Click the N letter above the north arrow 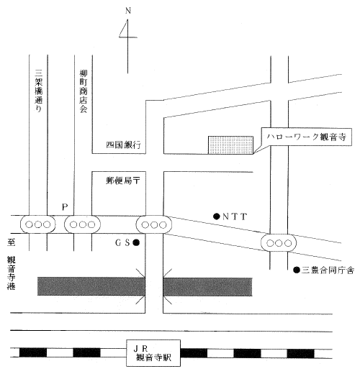click(x=128, y=11)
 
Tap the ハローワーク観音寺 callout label click(x=306, y=137)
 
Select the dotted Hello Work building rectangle click(x=230, y=145)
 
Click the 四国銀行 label click(x=123, y=145)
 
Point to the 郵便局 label click(x=120, y=181)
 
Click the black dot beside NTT click(x=217, y=216)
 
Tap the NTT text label click(x=235, y=216)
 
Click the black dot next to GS click(x=136, y=243)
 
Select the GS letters click(x=122, y=243)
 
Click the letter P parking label click(x=65, y=207)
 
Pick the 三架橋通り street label click(x=39, y=91)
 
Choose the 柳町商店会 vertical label click(x=84, y=91)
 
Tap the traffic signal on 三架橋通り click(x=38, y=224)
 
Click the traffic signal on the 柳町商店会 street click(x=82, y=224)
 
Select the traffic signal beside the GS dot click(x=154, y=224)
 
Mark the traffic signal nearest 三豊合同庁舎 click(x=279, y=243)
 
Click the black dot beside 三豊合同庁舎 click(x=297, y=270)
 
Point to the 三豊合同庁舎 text click(x=328, y=270)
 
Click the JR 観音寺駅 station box click(x=153, y=353)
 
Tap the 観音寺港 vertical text click(x=11, y=273)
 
